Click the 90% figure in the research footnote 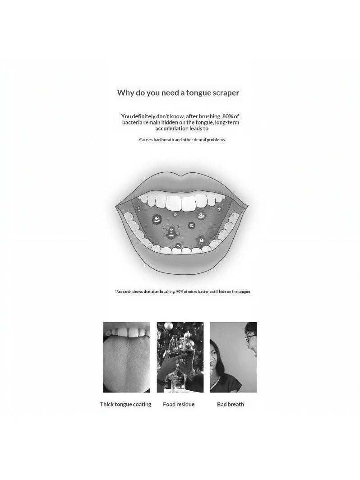point(180,291)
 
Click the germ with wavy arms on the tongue point(171,232)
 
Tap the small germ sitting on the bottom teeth point(178,246)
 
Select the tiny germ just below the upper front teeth point(175,214)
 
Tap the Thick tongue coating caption point(125,404)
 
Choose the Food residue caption point(179,404)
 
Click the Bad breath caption point(231,404)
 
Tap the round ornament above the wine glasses point(168,327)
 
